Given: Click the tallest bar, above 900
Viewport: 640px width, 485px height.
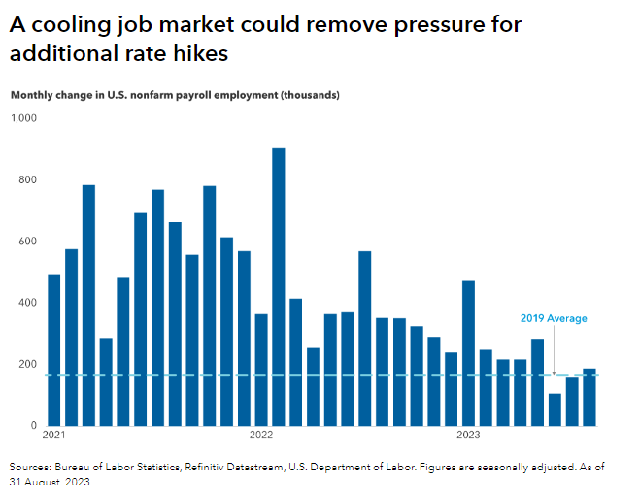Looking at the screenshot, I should [279, 286].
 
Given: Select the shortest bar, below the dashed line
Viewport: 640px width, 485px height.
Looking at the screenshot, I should [555, 408].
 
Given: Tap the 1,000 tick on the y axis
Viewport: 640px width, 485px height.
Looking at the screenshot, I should [22, 118].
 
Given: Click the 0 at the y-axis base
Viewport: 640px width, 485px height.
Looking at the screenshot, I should [31, 426].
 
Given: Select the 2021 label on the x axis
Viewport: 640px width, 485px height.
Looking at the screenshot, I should [55, 434].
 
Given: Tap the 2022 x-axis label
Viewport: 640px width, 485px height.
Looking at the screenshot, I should [262, 434].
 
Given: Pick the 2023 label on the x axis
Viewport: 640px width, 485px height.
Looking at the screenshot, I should [469, 434].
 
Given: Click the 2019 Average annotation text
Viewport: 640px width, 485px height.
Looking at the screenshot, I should [553, 318].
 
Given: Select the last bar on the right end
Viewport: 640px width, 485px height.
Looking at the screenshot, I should [589, 397].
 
